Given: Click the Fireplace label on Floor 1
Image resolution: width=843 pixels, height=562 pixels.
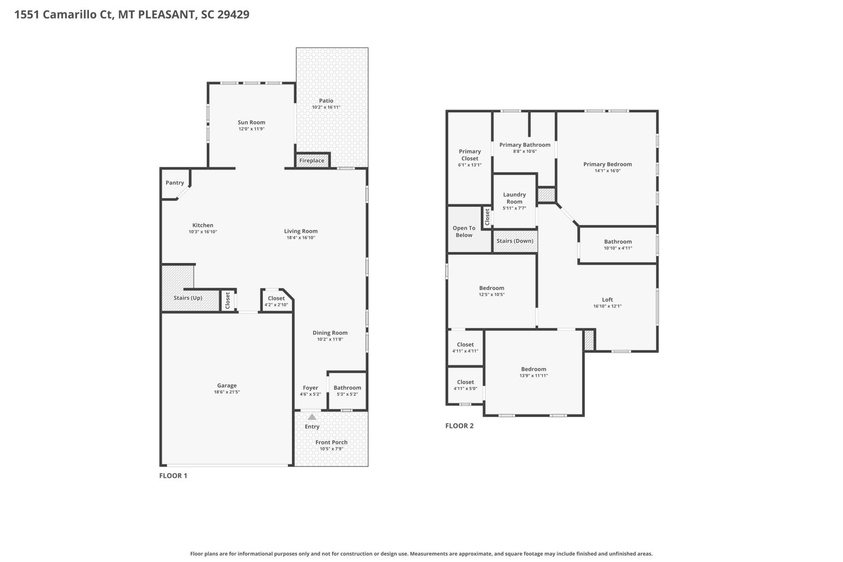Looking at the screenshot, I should point(312,161).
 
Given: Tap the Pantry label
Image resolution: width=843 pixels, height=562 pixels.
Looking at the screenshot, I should point(175,183).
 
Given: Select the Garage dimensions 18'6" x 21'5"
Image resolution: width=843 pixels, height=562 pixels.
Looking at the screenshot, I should point(227,392).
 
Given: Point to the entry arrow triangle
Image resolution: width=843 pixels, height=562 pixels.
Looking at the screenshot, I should point(312,417).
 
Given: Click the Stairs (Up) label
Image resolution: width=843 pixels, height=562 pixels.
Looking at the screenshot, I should point(188,298).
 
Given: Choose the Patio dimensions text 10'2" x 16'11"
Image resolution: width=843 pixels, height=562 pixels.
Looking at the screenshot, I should point(326,107).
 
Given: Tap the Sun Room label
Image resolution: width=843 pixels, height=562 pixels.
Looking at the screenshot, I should point(251,122).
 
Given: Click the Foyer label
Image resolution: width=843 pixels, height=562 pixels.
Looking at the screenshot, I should point(310,388).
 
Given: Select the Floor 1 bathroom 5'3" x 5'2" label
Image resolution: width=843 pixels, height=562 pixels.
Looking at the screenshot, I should point(347,391).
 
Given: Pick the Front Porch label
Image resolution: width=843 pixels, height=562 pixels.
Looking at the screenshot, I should point(331,442).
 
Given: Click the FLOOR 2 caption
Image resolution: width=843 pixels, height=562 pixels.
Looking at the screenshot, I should point(459,426).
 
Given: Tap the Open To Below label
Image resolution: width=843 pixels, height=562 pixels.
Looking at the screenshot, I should point(464,231).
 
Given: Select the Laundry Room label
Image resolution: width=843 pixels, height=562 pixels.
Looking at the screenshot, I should point(514,198).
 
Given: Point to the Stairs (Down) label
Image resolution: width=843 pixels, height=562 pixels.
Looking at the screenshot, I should point(515,241).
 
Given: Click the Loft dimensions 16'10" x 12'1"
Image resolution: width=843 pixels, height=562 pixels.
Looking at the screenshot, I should point(607,306).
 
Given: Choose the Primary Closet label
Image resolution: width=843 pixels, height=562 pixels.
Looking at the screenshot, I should point(469,155).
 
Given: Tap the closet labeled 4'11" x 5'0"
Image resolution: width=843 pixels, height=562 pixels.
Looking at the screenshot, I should point(465,385).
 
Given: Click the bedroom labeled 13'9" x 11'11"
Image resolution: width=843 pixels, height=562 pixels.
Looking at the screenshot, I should point(533,372).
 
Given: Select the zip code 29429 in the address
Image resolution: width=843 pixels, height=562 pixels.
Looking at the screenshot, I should point(233,14).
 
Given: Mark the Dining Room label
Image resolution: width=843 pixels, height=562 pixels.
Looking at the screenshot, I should point(330,333).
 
